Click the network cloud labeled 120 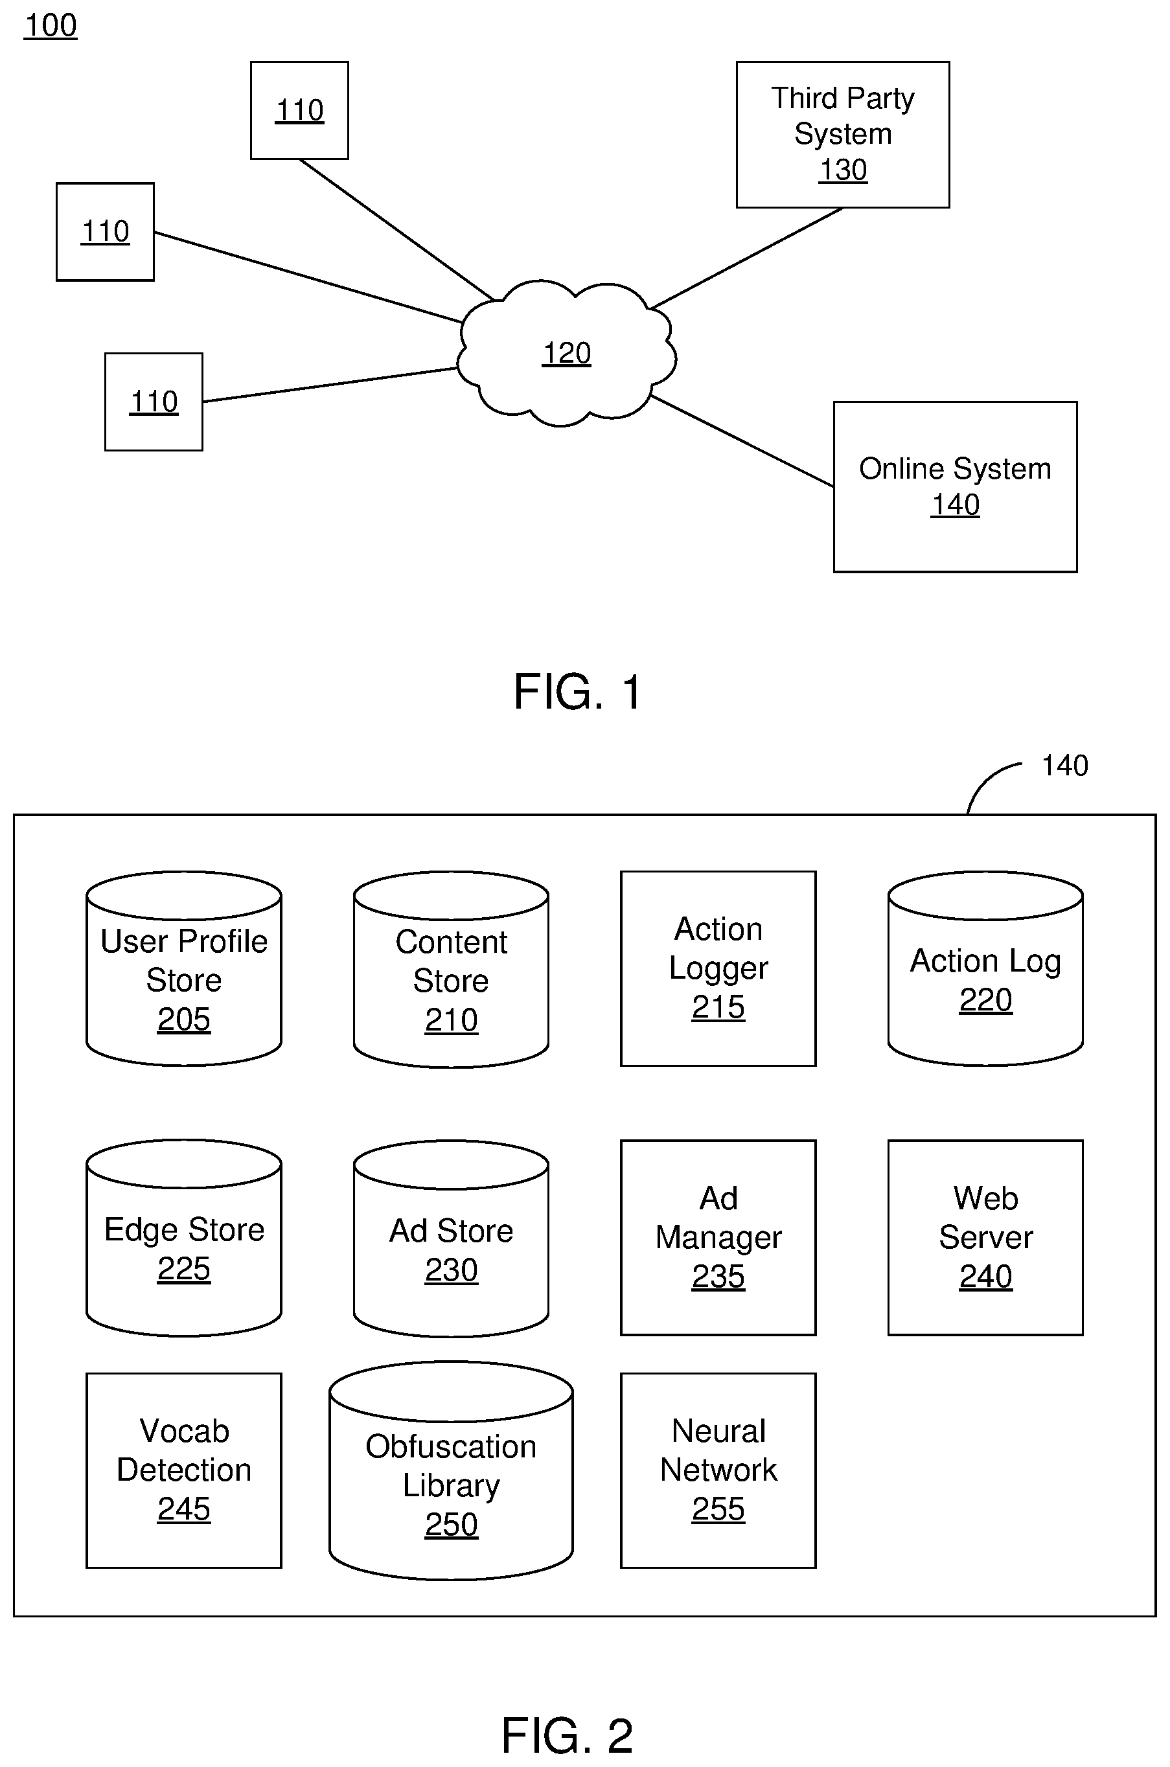click(x=566, y=353)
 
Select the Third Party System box click(x=842, y=134)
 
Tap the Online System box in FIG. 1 click(x=954, y=486)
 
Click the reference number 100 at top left click(x=51, y=25)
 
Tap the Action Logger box click(x=718, y=968)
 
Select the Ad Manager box click(x=718, y=1237)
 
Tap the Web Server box click(x=985, y=1237)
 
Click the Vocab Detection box click(x=183, y=1470)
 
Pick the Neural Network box click(x=718, y=1470)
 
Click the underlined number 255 click(x=718, y=1509)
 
